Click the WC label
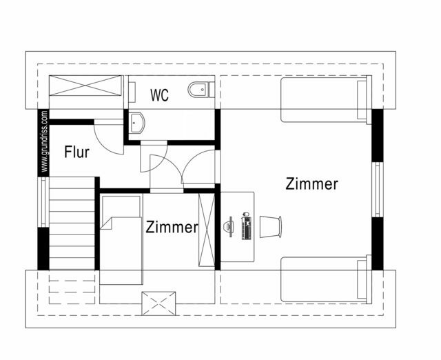click(159, 94)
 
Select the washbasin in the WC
click(136, 121)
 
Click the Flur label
click(76, 152)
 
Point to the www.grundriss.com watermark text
click(44, 141)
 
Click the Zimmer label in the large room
click(311, 184)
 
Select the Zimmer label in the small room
click(171, 227)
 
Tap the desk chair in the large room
click(271, 226)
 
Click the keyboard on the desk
click(245, 228)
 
